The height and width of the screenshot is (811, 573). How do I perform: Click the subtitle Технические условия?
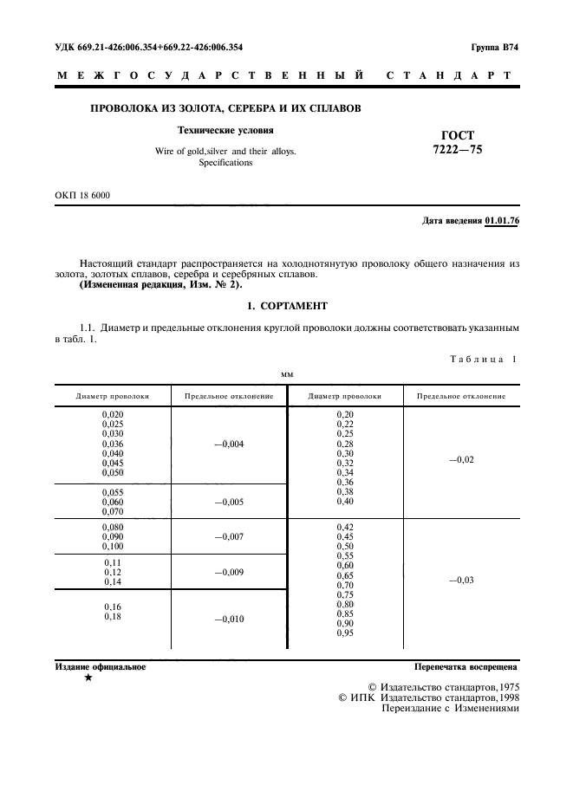pyautogui.click(x=225, y=131)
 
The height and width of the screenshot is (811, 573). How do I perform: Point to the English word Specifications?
pyautogui.click(x=225, y=162)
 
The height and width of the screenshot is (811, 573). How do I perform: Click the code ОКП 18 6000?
pyautogui.click(x=82, y=195)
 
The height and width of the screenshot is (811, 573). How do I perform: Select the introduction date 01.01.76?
pyautogui.click(x=502, y=221)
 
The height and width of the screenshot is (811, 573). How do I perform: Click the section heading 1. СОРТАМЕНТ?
pyautogui.click(x=286, y=306)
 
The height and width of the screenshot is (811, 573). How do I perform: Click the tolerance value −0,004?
pyautogui.click(x=229, y=444)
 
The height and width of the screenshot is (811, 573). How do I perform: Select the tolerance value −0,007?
pyautogui.click(x=229, y=537)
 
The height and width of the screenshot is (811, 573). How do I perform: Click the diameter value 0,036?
pyautogui.click(x=113, y=444)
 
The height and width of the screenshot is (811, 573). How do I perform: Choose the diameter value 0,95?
pyautogui.click(x=345, y=634)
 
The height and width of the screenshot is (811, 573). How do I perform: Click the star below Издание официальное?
pyautogui.click(x=88, y=678)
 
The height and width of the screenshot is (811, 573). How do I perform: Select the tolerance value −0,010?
pyautogui.click(x=229, y=620)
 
